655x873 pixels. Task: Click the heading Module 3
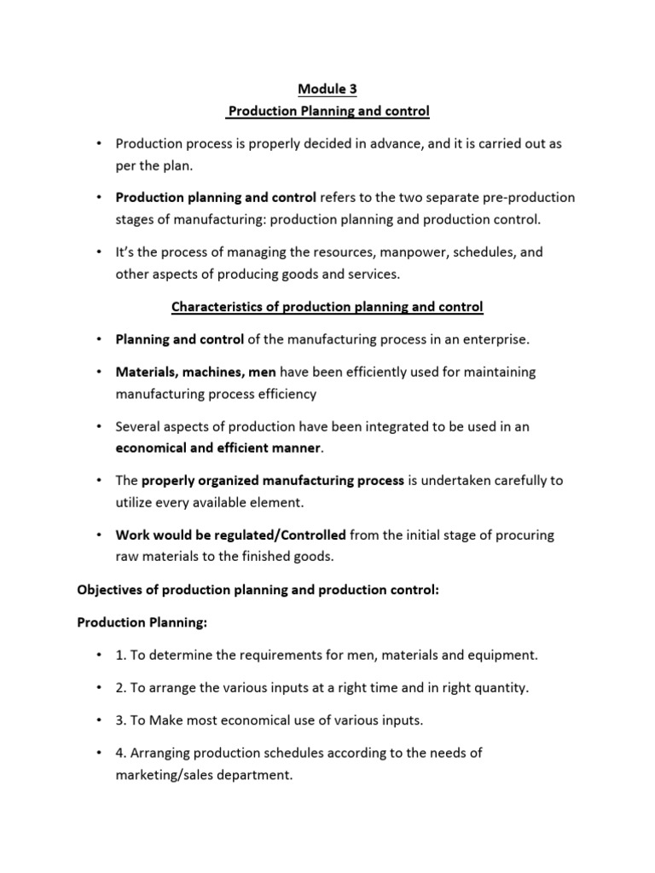(x=327, y=90)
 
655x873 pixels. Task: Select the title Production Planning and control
(x=328, y=112)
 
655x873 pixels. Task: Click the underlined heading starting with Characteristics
(x=327, y=306)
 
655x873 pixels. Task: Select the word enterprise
(x=496, y=339)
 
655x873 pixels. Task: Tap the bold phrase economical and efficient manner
(x=218, y=448)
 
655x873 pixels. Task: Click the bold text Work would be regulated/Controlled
(x=231, y=535)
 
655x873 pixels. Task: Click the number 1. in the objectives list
(x=121, y=656)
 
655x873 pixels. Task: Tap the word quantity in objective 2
(x=491, y=688)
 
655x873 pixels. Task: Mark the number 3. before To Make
(x=121, y=720)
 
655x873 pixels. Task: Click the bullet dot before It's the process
(x=99, y=252)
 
